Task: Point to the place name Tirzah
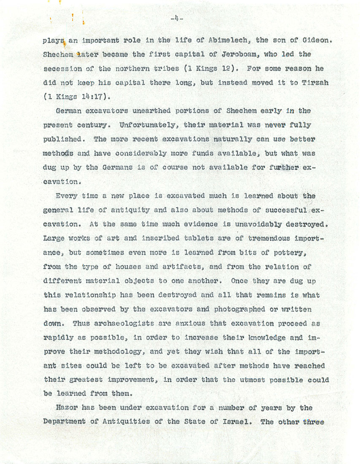point(313,83)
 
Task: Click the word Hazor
point(67,408)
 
